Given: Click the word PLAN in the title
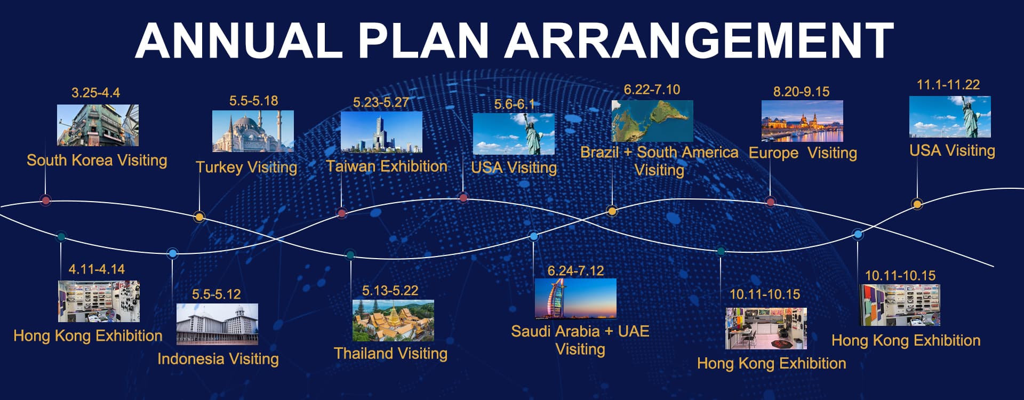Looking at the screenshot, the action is (x=423, y=41).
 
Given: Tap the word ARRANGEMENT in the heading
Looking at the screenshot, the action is (x=699, y=41).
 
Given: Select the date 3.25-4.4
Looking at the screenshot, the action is (x=96, y=93).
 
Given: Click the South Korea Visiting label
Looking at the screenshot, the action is (x=97, y=160).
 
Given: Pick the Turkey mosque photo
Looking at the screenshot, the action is (x=253, y=131).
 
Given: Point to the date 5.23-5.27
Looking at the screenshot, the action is (x=381, y=102).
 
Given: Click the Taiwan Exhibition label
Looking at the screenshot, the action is (x=387, y=166).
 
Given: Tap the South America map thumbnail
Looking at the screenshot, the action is (x=652, y=121).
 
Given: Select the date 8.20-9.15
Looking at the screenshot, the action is (x=801, y=92).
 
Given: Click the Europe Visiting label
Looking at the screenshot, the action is (x=803, y=153).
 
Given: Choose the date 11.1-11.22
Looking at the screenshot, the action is (x=948, y=84).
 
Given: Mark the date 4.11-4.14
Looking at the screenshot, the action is (x=97, y=269).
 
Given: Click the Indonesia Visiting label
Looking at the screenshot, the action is (x=218, y=358).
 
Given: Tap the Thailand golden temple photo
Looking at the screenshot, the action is (x=393, y=321).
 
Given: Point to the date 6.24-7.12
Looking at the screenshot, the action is (x=575, y=271).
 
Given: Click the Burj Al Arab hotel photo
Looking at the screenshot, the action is (x=575, y=299).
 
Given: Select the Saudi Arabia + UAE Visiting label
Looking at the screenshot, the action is (x=580, y=340).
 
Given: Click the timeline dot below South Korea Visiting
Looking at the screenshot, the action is (x=46, y=201).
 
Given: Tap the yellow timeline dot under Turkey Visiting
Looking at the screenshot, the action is (x=199, y=217).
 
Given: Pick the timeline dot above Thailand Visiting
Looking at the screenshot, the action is (x=350, y=255).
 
